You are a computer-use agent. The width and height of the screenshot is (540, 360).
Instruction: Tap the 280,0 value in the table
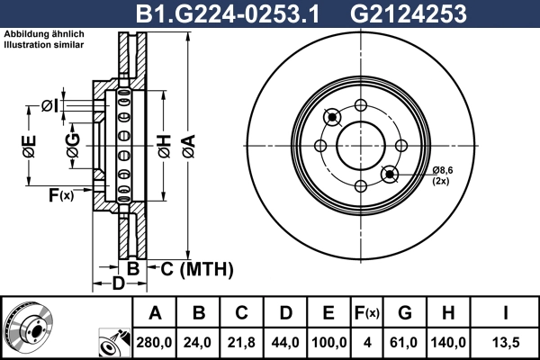click(156, 343)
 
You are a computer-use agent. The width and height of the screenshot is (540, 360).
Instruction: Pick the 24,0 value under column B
click(199, 343)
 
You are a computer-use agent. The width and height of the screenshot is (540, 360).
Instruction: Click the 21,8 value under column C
click(242, 343)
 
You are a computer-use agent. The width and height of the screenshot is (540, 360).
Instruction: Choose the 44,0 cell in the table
click(285, 343)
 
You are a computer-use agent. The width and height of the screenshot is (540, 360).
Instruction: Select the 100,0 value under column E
click(328, 343)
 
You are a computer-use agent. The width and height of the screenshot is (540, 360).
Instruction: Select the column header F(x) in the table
click(366, 313)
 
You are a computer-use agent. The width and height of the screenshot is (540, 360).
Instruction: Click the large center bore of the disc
click(360, 145)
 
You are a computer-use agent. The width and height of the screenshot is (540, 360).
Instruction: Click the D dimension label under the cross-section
click(117, 285)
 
